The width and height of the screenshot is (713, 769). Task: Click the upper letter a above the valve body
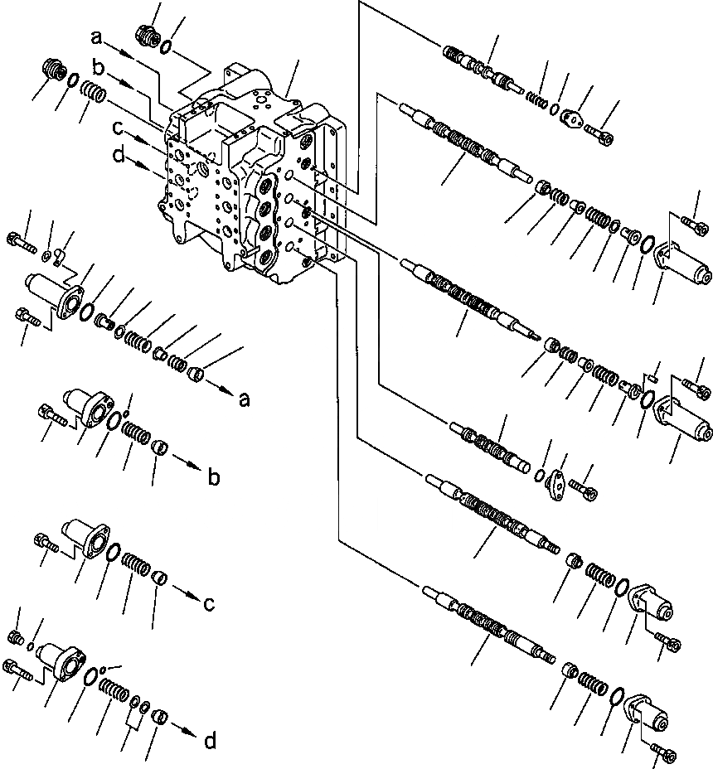coord(98,38)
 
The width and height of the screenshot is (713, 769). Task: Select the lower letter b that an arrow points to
coord(213,477)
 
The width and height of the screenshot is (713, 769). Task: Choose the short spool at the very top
coord(479,66)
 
